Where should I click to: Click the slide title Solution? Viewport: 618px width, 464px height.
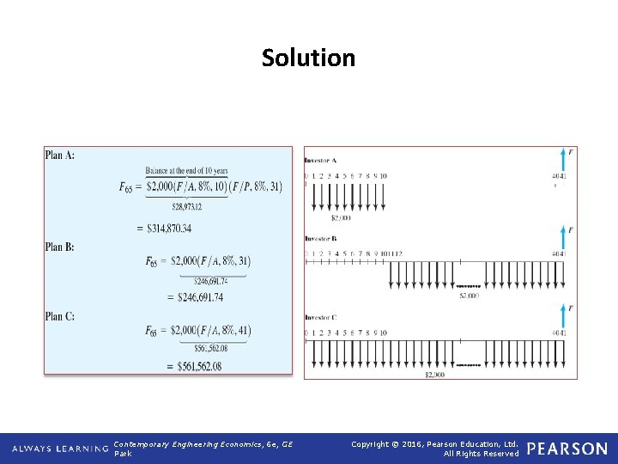pos(308,58)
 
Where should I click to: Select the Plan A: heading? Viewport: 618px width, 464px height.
pos(60,155)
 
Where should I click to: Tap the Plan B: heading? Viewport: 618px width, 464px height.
pos(60,247)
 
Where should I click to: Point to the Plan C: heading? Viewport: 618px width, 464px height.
pos(60,316)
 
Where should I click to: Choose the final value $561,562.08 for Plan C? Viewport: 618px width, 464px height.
pos(195,366)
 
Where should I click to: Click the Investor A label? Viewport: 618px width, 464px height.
pos(321,161)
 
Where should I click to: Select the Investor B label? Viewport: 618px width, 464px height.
pos(321,238)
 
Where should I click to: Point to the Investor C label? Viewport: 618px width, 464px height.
pos(321,317)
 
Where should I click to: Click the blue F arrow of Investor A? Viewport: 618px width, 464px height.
pos(563,160)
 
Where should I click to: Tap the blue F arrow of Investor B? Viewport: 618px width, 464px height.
pos(563,238)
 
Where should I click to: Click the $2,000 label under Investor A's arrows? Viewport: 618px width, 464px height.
pos(352,218)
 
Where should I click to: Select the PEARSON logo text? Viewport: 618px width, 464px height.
pos(566,449)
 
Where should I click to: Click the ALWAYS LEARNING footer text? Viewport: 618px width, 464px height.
pos(60,449)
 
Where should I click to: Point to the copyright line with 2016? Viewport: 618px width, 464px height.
pos(435,443)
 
